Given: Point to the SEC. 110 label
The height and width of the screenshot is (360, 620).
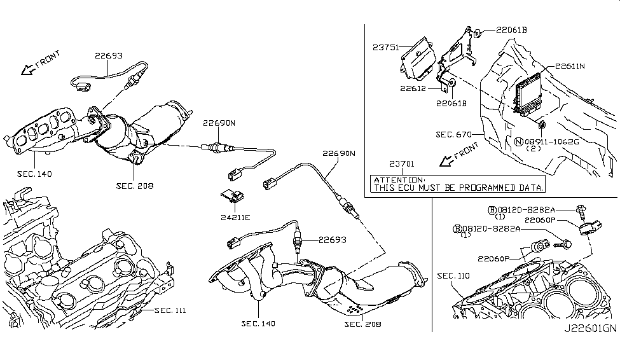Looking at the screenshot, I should [454, 276].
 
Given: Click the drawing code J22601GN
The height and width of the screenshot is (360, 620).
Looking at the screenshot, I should [589, 347].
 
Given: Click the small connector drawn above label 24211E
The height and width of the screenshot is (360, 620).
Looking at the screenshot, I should [233, 196].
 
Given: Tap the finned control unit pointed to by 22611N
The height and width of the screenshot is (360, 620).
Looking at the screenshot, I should [528, 95].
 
